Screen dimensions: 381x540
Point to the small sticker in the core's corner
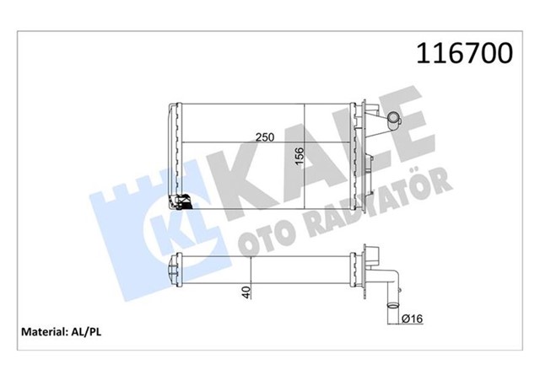coord(181,201)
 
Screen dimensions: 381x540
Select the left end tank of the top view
coord(175,156)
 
